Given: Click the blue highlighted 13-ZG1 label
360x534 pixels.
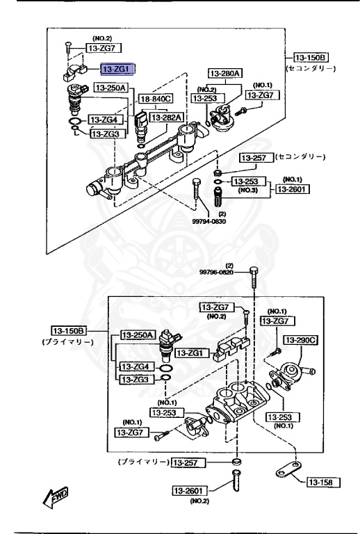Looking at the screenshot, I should coord(119,69).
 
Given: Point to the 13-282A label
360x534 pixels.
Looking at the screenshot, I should coord(167,118).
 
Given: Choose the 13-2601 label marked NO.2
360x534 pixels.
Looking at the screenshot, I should coord(190,491).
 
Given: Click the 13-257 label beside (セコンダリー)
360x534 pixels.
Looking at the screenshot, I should coord(255,158).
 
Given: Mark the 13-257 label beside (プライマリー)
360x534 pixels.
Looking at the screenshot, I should coord(187,462).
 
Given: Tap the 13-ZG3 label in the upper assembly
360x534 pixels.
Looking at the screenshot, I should coord(106,133).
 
